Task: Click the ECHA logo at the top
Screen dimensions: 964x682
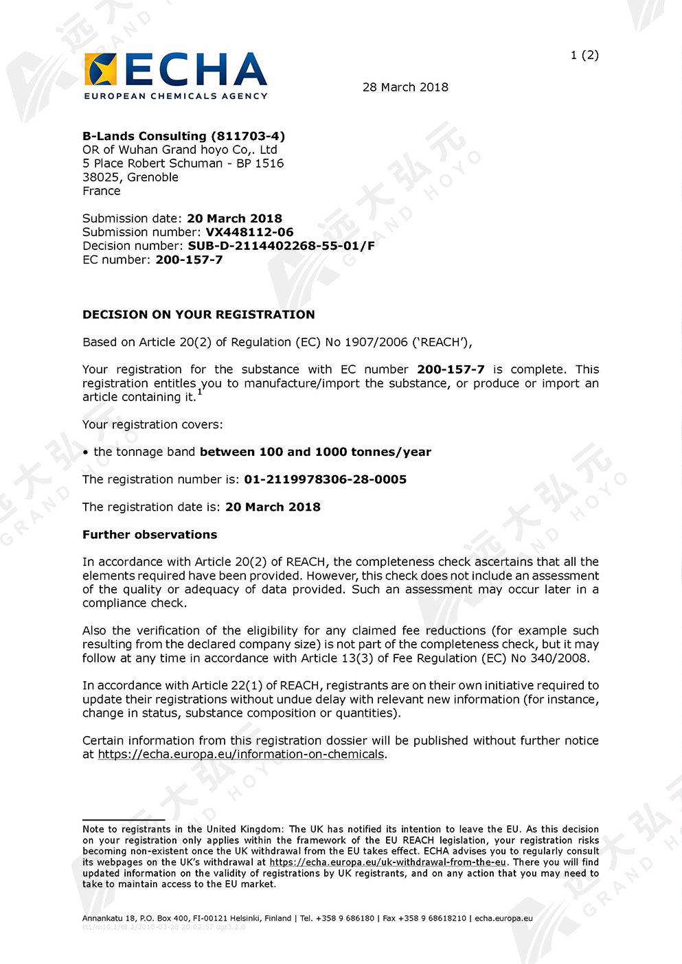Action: (x=175, y=76)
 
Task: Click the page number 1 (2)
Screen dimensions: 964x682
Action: (x=584, y=55)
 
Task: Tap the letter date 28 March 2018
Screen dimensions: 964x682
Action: (x=405, y=87)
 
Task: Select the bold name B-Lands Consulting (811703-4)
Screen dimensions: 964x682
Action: (x=183, y=136)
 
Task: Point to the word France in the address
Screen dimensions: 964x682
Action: (x=101, y=191)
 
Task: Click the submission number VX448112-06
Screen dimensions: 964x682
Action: (x=249, y=232)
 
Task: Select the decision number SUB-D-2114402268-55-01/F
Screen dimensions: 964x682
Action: (x=281, y=246)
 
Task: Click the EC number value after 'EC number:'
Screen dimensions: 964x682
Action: (x=189, y=260)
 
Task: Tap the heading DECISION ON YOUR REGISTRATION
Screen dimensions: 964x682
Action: (x=198, y=314)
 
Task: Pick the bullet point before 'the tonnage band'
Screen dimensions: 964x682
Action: (x=86, y=452)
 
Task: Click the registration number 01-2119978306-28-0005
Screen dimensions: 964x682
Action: (x=325, y=479)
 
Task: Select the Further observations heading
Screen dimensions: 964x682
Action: (x=150, y=534)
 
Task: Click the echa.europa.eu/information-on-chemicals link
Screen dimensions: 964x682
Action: (x=240, y=754)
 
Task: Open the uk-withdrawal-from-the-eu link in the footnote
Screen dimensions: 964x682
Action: (x=387, y=862)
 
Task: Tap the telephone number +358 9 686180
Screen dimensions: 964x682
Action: (x=345, y=918)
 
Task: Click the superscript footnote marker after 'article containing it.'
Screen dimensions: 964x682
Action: (x=200, y=392)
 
